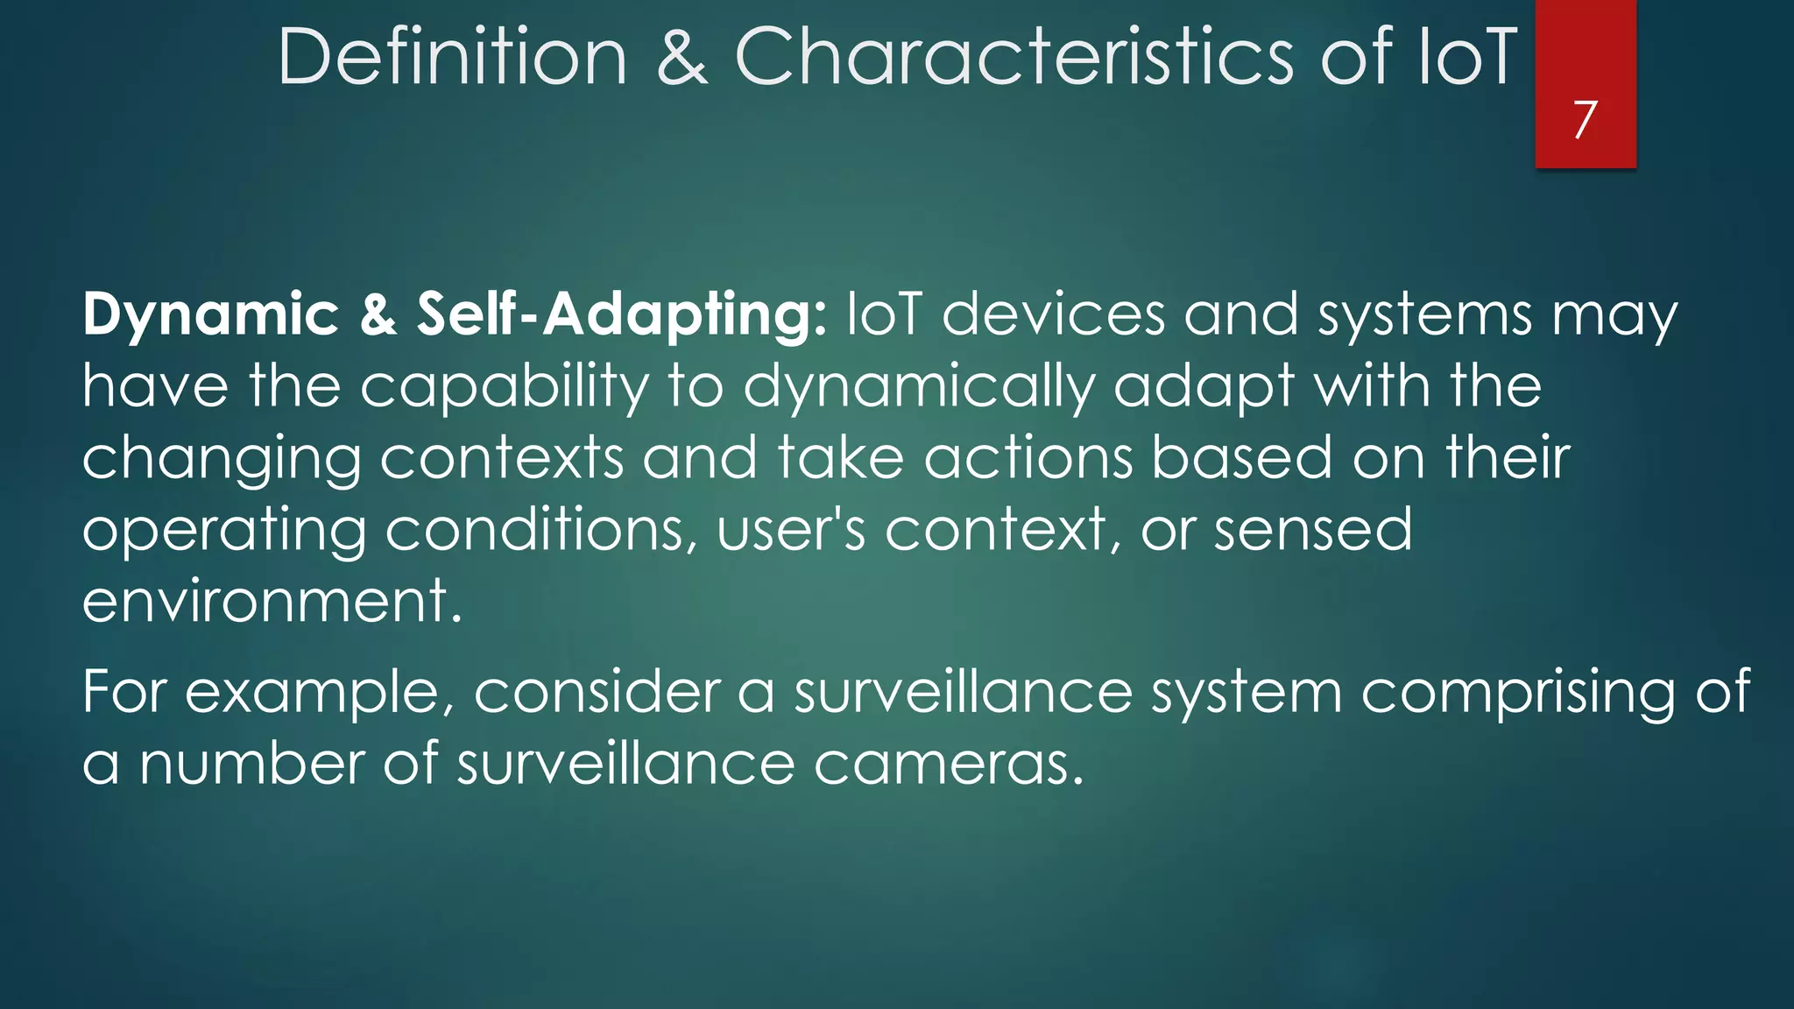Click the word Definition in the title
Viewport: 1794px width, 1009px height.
click(452, 57)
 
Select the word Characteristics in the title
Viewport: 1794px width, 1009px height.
click(1014, 57)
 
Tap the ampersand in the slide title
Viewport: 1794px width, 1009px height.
click(682, 57)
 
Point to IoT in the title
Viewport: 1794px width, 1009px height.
click(1466, 57)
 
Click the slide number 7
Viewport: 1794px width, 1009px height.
click(1585, 119)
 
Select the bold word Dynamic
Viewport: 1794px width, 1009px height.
click(210, 315)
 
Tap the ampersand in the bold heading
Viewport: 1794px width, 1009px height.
click(378, 315)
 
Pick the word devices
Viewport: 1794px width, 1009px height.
click(1054, 315)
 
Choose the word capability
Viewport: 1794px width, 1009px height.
click(505, 387)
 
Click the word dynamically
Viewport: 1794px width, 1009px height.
click(919, 387)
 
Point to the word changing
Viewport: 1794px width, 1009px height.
click(222, 459)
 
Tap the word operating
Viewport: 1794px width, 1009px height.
click(224, 531)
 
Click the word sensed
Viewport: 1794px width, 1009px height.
click(1312, 531)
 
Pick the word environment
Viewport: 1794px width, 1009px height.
click(272, 603)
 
